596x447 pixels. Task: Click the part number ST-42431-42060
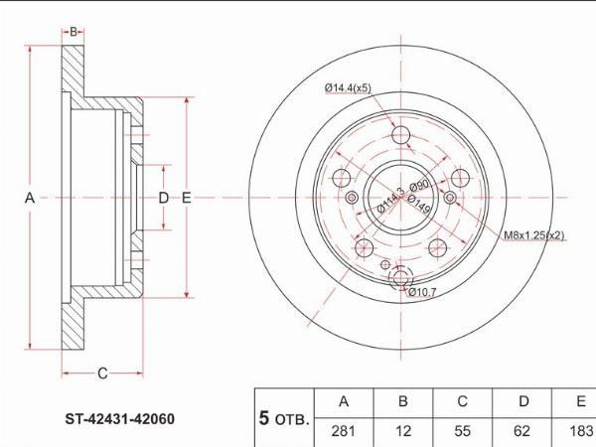click(120, 419)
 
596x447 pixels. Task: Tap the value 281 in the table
click(344, 431)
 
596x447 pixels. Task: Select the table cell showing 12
click(403, 431)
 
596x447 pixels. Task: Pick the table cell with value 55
click(462, 431)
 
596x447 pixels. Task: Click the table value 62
click(521, 431)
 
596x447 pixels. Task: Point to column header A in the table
click(344, 401)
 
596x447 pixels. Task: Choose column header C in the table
click(462, 401)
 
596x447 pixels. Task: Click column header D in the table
click(523, 401)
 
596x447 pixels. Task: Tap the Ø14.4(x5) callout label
click(348, 87)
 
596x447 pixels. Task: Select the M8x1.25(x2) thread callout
click(534, 235)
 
